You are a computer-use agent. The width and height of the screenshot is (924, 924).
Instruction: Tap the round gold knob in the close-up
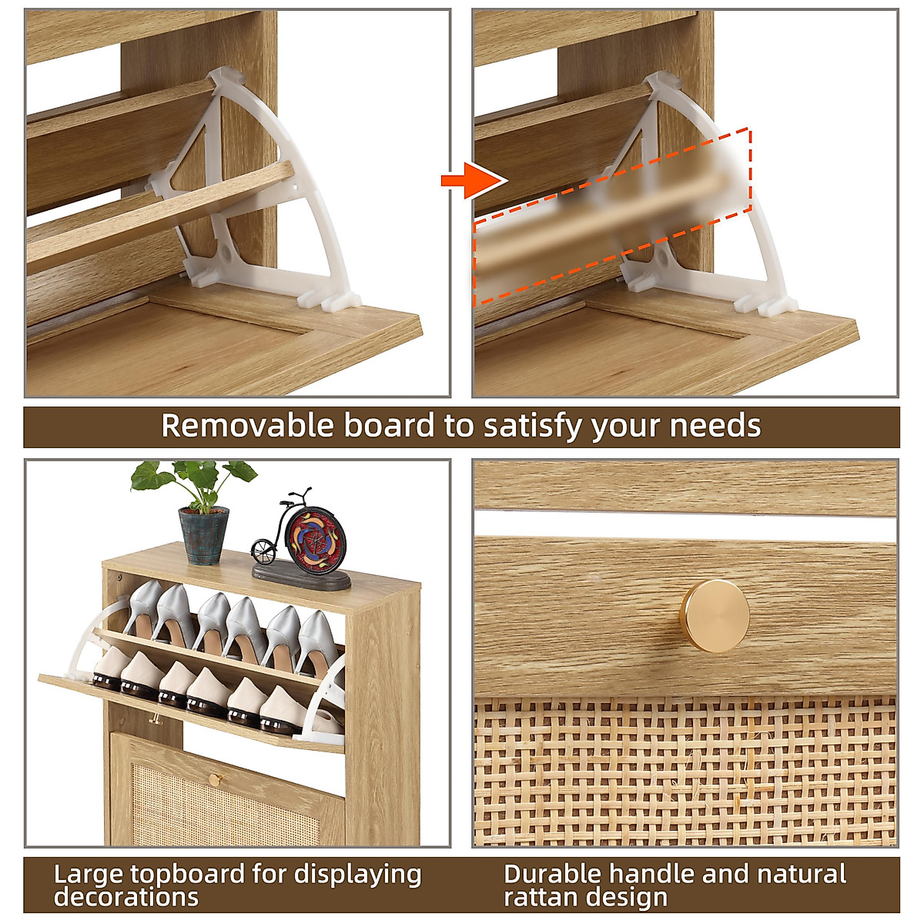pos(714,616)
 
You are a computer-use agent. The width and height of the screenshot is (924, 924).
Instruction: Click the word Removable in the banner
pos(246,426)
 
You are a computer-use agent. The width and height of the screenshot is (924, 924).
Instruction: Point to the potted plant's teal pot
pos(204,535)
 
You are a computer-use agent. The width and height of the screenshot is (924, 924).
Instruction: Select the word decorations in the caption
pos(126,897)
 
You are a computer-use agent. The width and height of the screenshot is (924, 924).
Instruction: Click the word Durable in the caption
pos(552,874)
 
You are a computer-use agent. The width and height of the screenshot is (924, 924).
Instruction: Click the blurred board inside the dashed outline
pos(612,216)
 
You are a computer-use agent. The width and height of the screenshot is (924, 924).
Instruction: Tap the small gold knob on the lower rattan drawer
pos(214,779)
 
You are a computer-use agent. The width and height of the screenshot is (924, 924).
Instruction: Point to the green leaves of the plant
pos(192,477)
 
